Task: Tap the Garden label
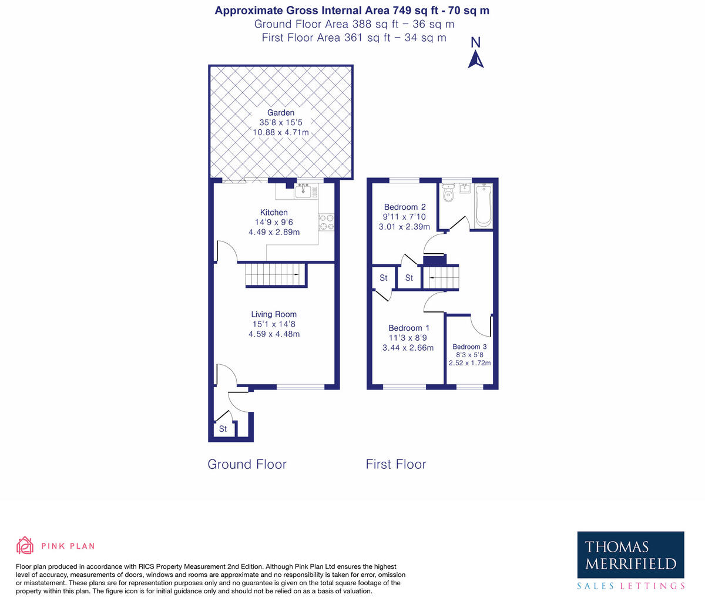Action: tap(281, 113)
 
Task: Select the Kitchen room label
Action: tap(274, 213)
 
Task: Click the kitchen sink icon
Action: tap(303, 190)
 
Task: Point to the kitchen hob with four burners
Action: tap(326, 222)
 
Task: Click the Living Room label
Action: tap(274, 314)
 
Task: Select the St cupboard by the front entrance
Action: tap(223, 429)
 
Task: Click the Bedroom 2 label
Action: tap(405, 207)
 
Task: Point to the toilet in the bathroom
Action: tap(449, 193)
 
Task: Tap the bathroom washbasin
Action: tap(465, 188)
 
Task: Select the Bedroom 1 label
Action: tap(409, 328)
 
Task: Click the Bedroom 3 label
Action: tap(469, 347)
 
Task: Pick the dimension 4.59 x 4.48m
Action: tap(274, 334)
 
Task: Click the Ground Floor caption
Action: tap(247, 464)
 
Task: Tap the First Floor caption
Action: tap(396, 464)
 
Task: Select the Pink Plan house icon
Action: tap(25, 546)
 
